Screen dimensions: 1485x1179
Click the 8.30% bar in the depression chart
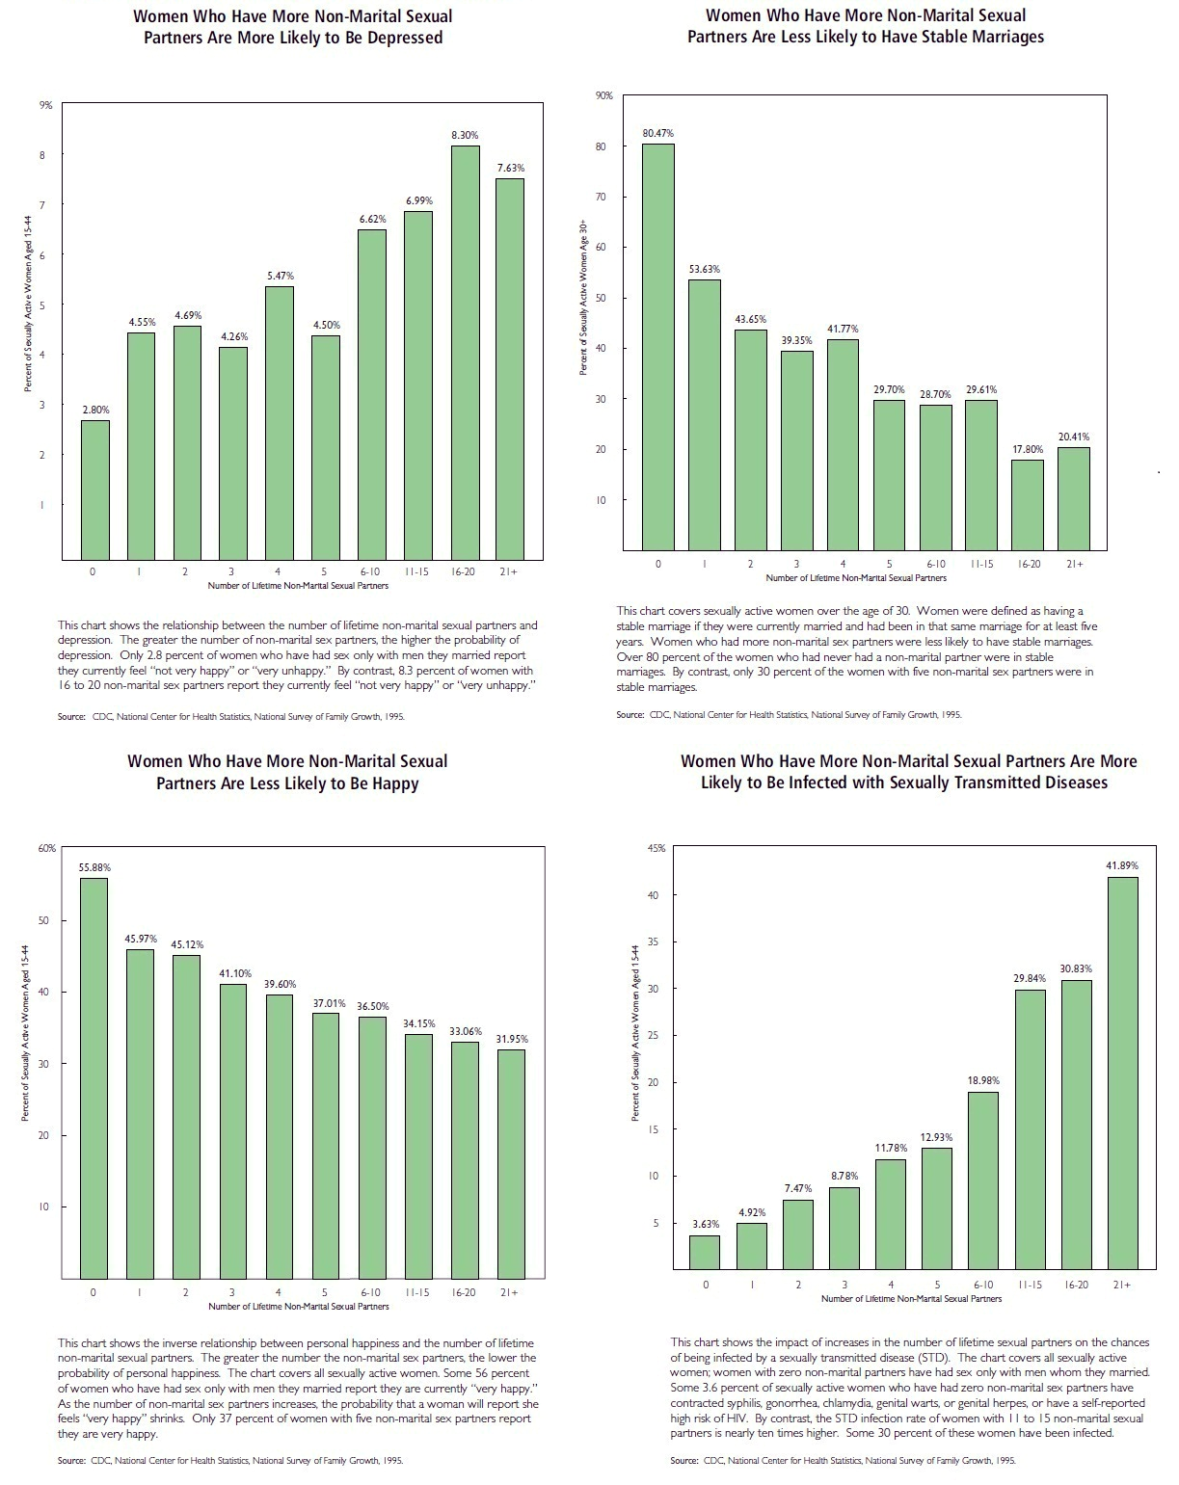pos(466,352)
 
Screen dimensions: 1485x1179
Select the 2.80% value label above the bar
pos(95,410)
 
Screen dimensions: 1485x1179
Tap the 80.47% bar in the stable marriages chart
pos(658,347)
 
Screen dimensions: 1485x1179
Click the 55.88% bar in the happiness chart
pos(94,1077)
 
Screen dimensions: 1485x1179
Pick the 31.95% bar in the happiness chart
pos(510,1163)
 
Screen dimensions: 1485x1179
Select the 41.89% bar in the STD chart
pos(1123,1073)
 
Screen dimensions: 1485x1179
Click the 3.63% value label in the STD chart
pos(706,1224)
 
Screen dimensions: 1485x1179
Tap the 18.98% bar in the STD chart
pos(983,1180)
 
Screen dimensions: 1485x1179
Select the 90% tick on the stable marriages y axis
pos(604,95)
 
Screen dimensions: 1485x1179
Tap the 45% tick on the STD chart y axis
pos(656,848)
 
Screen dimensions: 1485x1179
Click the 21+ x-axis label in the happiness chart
pos(509,1292)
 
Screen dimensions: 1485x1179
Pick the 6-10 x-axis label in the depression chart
pos(370,571)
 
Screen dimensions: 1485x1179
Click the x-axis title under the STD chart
pos(911,1298)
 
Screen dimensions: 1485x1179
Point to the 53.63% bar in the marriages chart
pos(705,414)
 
